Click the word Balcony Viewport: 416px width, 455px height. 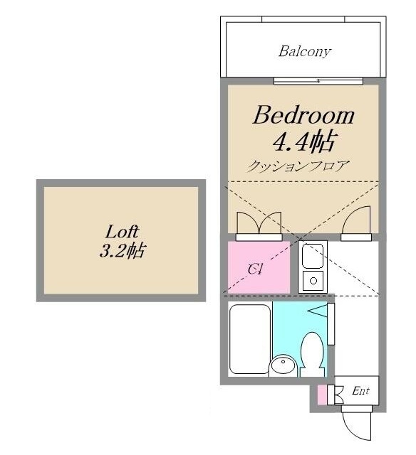(x=304, y=52)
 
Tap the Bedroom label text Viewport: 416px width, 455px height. (x=303, y=115)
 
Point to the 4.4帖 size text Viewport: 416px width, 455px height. (x=305, y=142)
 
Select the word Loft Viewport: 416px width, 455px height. (x=122, y=232)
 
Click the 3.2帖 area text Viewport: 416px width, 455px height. (x=122, y=250)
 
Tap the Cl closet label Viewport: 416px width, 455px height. (x=256, y=269)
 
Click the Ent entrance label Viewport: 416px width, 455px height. (x=360, y=391)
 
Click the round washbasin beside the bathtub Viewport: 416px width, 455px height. (x=283, y=365)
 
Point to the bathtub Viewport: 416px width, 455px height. (x=250, y=339)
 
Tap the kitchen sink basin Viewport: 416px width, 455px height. (x=313, y=256)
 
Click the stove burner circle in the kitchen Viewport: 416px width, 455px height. (x=313, y=281)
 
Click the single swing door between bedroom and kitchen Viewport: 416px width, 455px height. (x=356, y=220)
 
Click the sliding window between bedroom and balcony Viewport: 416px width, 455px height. (x=318, y=81)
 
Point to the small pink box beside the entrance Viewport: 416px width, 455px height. (x=322, y=395)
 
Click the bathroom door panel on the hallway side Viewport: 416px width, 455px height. (x=331, y=324)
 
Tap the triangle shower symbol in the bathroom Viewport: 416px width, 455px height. (x=318, y=311)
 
